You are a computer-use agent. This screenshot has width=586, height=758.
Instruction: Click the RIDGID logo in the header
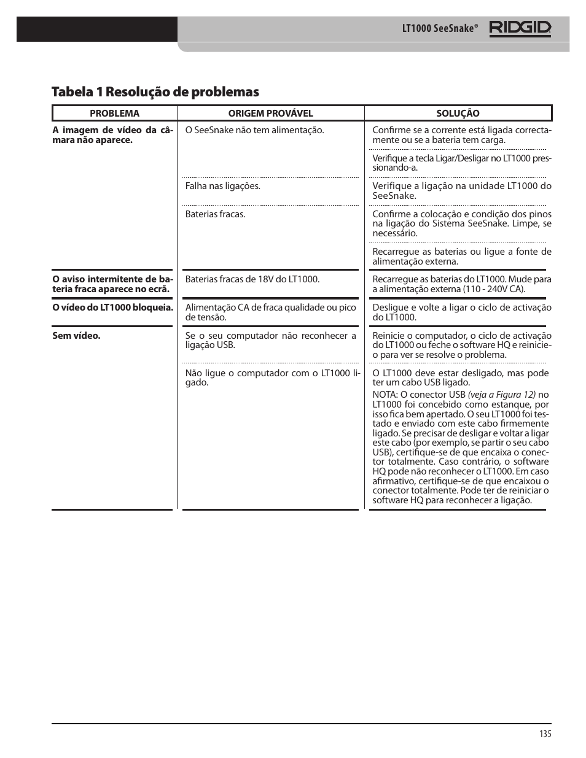(x=520, y=29)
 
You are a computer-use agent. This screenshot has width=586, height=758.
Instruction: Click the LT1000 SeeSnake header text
(x=439, y=29)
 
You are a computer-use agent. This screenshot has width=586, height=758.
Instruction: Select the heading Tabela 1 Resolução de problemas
(x=155, y=92)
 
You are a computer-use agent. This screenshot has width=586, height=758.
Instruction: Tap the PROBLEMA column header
(x=114, y=114)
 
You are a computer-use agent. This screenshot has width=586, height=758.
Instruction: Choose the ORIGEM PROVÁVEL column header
(x=270, y=114)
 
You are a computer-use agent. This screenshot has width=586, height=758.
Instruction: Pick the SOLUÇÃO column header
(x=458, y=114)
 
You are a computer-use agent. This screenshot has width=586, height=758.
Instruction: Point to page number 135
(x=545, y=735)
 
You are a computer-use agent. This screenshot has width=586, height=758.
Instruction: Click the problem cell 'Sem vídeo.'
(x=76, y=336)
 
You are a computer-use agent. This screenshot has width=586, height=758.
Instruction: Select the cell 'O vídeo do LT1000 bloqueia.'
(x=112, y=307)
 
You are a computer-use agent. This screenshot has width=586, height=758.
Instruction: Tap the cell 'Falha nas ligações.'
(x=222, y=186)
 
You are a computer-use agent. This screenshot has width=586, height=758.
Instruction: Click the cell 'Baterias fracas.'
(x=215, y=214)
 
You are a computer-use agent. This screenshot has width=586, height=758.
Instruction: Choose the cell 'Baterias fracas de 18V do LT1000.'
(x=252, y=279)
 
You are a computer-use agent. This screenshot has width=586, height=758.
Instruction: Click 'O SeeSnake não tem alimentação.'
(x=254, y=130)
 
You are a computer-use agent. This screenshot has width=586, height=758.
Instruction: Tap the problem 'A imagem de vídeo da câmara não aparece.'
(x=112, y=135)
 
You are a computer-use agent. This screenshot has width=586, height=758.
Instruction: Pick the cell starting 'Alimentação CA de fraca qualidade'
(x=270, y=312)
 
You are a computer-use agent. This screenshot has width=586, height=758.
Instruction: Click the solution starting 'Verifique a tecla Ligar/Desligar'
(x=461, y=163)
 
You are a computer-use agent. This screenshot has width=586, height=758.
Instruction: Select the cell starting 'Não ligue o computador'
(x=272, y=377)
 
